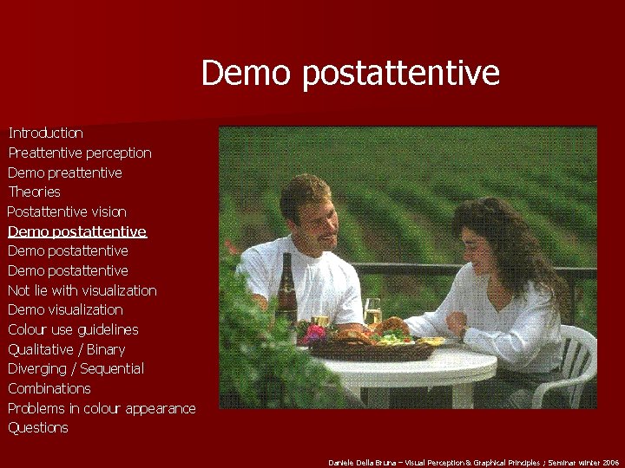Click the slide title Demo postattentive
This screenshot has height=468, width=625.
[x=350, y=73]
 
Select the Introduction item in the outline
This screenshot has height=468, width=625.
[x=45, y=133]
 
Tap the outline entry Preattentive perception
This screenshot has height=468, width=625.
[x=80, y=153]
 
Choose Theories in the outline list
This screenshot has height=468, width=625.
[x=34, y=192]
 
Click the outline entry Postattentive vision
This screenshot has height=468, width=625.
[x=67, y=212]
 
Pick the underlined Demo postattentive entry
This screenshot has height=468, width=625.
[x=77, y=231]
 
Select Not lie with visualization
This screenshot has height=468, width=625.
[x=82, y=290]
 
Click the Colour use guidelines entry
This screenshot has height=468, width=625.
[x=73, y=329]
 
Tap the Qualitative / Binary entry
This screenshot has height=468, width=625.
[x=66, y=349]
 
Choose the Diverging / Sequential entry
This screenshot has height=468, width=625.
[x=76, y=369]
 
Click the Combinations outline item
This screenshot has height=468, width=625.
[x=49, y=388]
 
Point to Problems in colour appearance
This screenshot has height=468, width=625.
[x=102, y=408]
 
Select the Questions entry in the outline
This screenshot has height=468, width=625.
[x=37, y=428]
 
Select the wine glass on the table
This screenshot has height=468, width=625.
[x=372, y=312]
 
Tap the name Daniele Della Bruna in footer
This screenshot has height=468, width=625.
[x=361, y=462]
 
